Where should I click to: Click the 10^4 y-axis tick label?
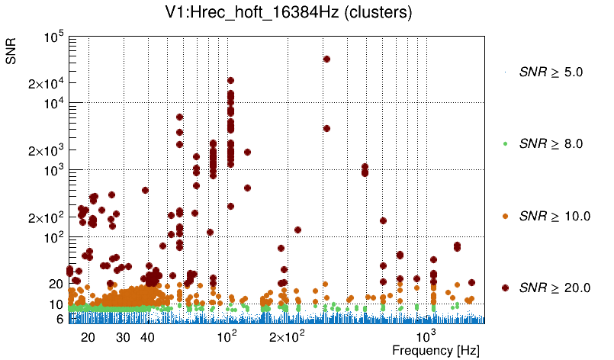click(54, 104)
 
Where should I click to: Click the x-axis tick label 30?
click(123, 337)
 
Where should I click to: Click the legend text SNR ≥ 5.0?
click(551, 72)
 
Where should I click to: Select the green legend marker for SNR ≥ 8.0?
click(506, 143)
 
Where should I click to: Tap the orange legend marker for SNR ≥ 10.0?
click(506, 216)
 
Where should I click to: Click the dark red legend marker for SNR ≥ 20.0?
click(506, 288)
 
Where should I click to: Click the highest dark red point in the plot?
click(326, 59)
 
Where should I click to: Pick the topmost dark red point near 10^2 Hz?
click(230, 80)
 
